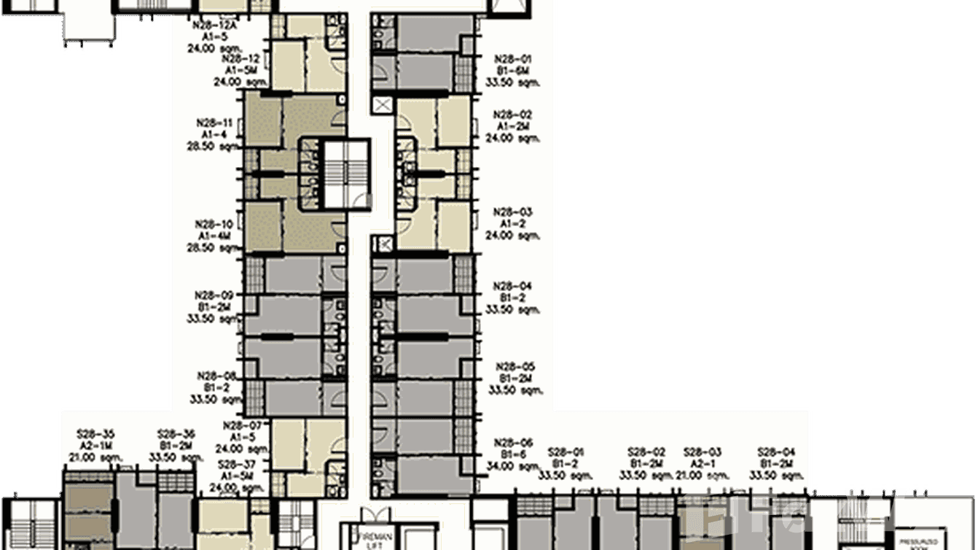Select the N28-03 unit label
(513, 212)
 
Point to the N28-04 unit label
(513, 287)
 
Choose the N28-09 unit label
(214, 295)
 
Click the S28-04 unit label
(776, 452)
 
